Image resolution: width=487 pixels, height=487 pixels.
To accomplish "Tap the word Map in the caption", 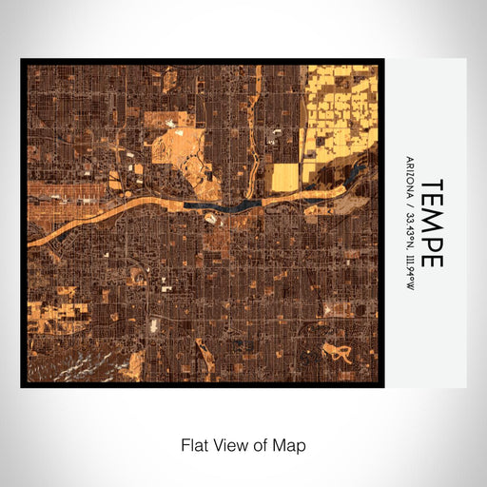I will pyautogui.click(x=289, y=444).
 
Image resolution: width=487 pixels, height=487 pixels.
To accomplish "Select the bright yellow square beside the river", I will pyautogui.click(x=285, y=177).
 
